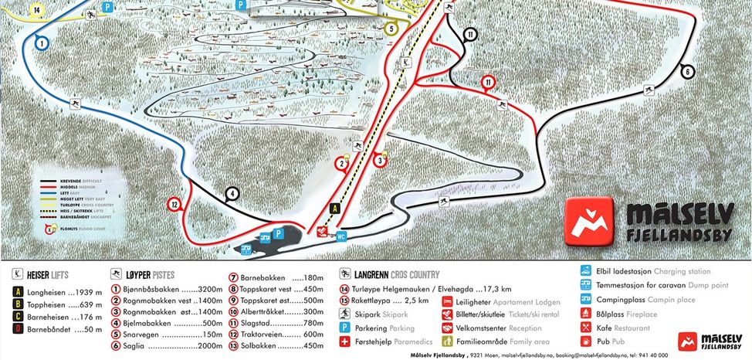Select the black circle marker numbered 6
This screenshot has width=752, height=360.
pyautogui.click(x=686, y=72)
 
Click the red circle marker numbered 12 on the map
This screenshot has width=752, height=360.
pyautogui.click(x=175, y=205)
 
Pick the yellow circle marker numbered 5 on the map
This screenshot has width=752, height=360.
pyautogui.click(x=391, y=29)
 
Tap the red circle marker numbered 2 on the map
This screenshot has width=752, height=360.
pyautogui.click(x=340, y=163)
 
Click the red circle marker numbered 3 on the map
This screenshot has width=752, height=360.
pyautogui.click(x=380, y=161)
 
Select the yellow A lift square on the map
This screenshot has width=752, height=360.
pyautogui.click(x=334, y=208)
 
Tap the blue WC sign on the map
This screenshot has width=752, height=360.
pyautogui.click(x=340, y=237)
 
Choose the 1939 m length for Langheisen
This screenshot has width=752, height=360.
pyautogui.click(x=77, y=292)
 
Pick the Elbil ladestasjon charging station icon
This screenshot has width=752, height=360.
pyautogui.click(x=586, y=271)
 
